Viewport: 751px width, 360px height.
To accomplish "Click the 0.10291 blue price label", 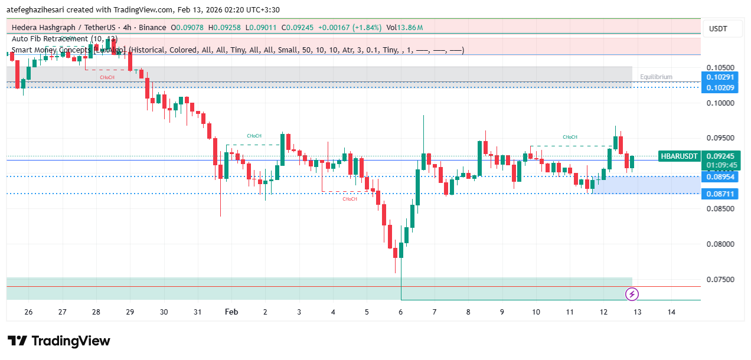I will [x=720, y=77].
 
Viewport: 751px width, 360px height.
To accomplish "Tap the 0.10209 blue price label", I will [x=720, y=88].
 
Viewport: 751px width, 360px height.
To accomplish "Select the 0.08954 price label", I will [x=720, y=177].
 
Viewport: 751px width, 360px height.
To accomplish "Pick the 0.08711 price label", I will [x=720, y=194].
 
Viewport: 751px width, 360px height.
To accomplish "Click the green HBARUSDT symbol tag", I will [x=679, y=156].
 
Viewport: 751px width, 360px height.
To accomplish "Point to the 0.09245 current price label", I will [x=720, y=156].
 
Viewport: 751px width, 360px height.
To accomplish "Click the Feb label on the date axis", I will [x=231, y=312].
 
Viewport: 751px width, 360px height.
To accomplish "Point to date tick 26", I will [x=28, y=312].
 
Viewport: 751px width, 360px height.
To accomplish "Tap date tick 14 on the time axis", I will [x=671, y=312].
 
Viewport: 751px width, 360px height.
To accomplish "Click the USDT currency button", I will [x=718, y=29].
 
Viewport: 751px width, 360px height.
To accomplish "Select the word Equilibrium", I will [x=656, y=77].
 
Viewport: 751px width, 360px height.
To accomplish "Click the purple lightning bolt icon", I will [x=632, y=293].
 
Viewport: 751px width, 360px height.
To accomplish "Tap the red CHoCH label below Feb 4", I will [x=350, y=199].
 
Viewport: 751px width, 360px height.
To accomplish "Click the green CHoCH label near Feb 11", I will [x=570, y=137].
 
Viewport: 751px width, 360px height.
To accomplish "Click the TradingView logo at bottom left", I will [x=59, y=341].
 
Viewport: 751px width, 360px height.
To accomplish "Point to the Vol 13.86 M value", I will [x=405, y=28].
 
